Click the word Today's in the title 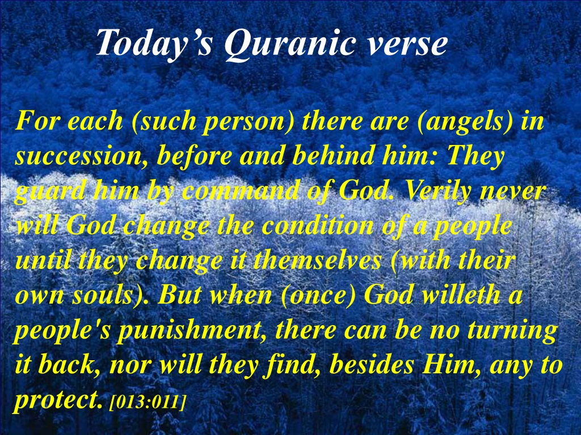(x=154, y=42)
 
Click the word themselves (x=317, y=260)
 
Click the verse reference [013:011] (x=148, y=402)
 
